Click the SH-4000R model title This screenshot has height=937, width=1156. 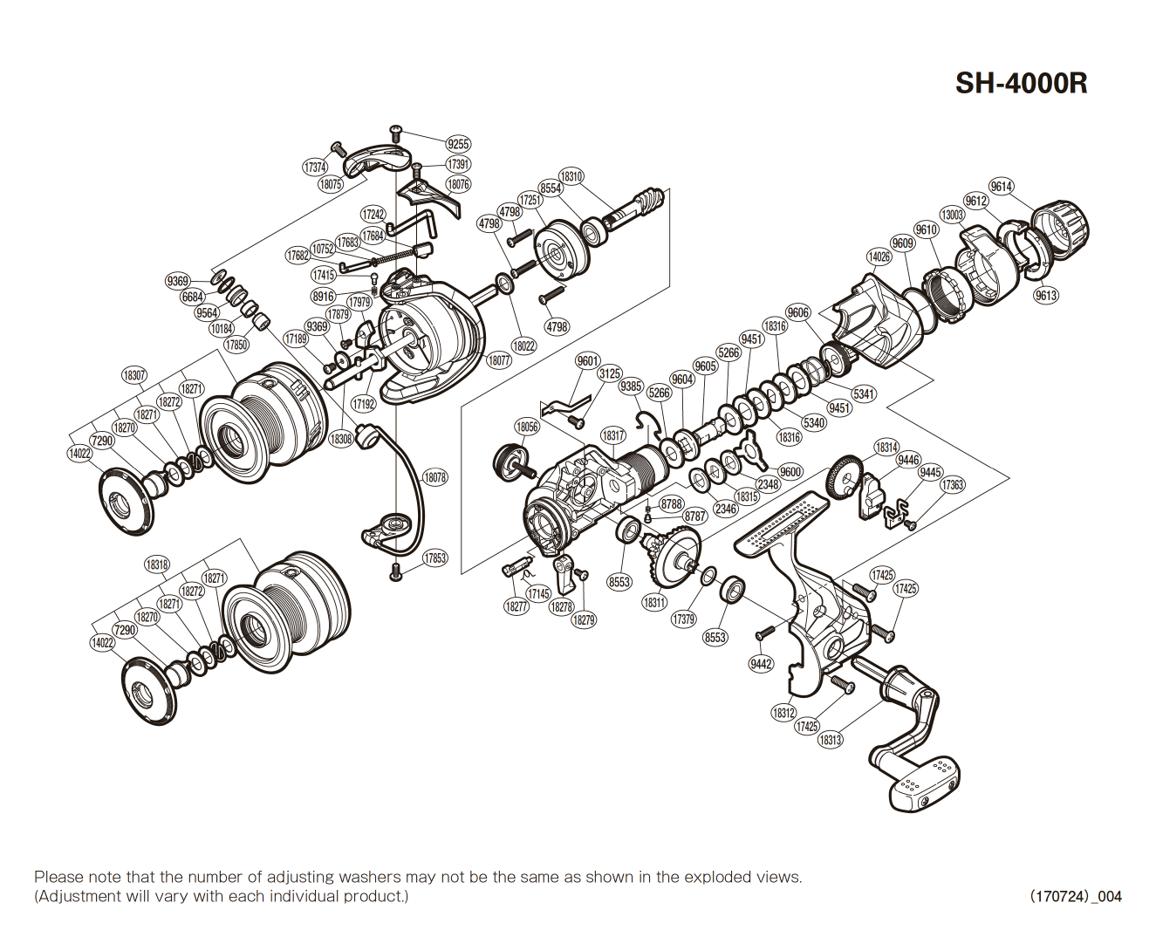1021,83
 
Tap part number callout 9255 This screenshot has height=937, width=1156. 457,144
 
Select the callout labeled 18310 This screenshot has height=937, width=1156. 571,176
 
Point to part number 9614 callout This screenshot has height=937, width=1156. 1001,187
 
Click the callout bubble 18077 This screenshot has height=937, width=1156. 498,360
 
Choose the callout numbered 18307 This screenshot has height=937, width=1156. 133,375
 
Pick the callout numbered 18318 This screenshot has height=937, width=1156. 157,564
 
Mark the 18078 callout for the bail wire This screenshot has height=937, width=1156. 434,477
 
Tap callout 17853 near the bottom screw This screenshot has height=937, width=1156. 434,558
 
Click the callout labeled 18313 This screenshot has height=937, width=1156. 830,740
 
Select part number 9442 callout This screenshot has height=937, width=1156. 761,664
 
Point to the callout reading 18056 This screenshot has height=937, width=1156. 527,427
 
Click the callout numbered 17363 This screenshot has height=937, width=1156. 952,485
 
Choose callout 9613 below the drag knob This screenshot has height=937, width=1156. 1046,295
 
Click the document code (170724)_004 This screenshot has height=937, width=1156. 1076,896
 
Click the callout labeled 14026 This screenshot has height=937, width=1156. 879,256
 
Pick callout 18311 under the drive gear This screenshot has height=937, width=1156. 654,602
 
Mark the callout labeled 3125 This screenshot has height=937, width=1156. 610,373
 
